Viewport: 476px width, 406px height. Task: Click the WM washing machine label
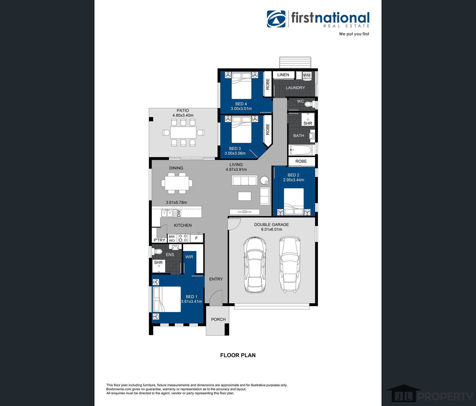click(307, 75)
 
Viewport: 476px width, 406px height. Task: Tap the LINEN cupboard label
click(283, 75)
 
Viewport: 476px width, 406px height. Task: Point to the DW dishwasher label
click(179, 213)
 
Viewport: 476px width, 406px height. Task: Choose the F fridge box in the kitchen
click(196, 238)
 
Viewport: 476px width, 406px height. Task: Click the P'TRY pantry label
click(160, 240)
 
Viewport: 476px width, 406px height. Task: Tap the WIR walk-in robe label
click(189, 257)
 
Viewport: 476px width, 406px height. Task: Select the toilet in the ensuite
click(157, 251)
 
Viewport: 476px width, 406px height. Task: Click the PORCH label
click(218, 319)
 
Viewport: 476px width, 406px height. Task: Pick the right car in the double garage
click(290, 264)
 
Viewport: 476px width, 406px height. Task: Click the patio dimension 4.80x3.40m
click(183, 115)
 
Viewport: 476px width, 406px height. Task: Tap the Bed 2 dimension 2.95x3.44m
click(293, 180)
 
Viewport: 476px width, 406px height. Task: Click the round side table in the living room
click(265, 181)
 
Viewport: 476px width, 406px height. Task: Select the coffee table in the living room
click(244, 196)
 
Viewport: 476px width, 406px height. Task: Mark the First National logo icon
click(276, 19)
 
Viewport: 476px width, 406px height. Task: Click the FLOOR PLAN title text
click(238, 355)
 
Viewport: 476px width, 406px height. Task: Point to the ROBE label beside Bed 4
click(267, 84)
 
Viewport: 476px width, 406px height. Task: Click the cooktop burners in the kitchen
click(183, 238)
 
